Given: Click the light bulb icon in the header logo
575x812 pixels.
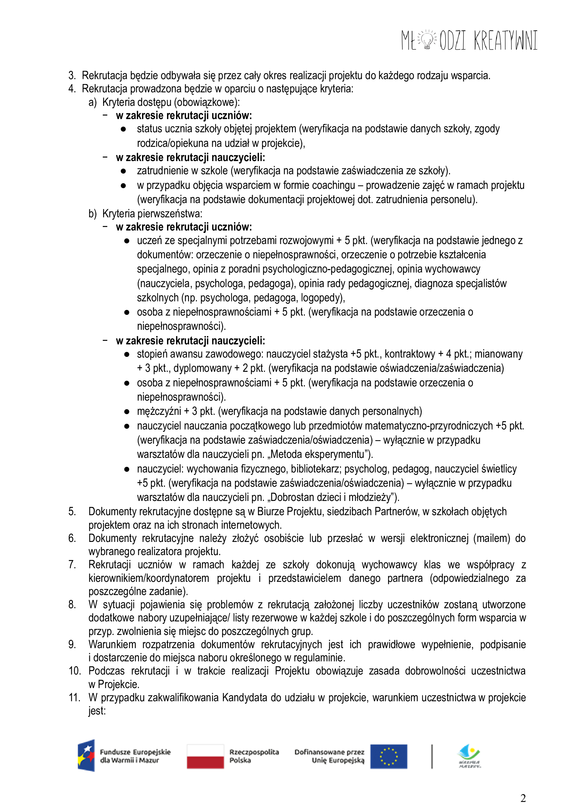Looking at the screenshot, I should point(428,40).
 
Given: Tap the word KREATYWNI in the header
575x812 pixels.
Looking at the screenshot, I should point(506,40).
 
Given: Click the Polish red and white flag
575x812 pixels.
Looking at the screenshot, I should point(205,756).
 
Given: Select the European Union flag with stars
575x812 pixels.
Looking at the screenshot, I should point(389,756).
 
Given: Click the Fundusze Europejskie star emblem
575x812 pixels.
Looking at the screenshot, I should point(86,756).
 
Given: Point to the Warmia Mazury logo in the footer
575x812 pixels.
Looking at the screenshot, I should point(469,756).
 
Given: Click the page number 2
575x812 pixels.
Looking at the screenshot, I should point(523,798).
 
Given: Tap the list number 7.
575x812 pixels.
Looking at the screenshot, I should point(72,564).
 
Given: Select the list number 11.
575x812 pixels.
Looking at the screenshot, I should point(74,697).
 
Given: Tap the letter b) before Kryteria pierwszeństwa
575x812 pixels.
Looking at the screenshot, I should point(92,214).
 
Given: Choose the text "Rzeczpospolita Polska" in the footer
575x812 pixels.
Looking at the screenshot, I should point(254,756).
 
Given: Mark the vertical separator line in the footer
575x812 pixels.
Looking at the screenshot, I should point(432,756).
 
